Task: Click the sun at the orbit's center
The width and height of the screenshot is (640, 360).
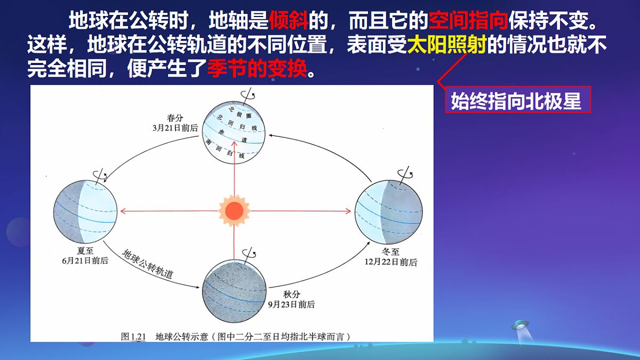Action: (x=234, y=211)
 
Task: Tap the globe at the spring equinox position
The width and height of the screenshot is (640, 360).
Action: (x=234, y=133)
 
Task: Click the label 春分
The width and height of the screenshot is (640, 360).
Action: (x=174, y=118)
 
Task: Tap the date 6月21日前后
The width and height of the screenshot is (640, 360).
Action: (x=85, y=261)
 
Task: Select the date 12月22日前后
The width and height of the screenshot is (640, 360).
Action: (x=390, y=262)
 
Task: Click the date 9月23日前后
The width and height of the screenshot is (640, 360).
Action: (x=291, y=305)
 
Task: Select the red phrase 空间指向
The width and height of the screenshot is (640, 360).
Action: (x=468, y=21)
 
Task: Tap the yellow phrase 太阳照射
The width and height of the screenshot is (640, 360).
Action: (x=446, y=45)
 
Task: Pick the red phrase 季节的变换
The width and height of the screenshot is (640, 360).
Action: (x=257, y=69)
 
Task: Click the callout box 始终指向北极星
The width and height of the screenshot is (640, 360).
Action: (x=518, y=100)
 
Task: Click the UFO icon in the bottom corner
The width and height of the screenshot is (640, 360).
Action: (x=521, y=324)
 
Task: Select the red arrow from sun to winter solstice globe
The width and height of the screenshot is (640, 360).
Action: (x=299, y=211)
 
